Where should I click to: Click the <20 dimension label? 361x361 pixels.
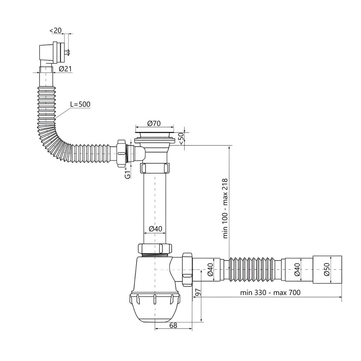(56, 30)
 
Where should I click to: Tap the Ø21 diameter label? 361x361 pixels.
(65, 69)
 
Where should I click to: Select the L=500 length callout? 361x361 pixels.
(81, 104)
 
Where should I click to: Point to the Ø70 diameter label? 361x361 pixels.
(154, 123)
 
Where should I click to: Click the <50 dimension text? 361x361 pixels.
(181, 139)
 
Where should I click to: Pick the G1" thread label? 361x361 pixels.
(128, 173)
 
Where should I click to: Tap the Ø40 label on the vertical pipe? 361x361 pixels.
(155, 229)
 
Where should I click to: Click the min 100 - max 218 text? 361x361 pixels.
(225, 208)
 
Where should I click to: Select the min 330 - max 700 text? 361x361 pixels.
(270, 292)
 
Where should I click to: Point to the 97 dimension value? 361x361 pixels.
(198, 292)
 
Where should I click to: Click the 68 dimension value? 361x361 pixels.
(173, 325)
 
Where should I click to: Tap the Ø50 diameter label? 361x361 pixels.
(327, 269)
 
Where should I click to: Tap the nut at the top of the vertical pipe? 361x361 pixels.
(155, 168)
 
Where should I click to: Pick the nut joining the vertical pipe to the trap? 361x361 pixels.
(155, 248)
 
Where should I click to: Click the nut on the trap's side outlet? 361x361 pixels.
(187, 269)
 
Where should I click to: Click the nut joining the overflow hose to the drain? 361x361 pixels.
(121, 153)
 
